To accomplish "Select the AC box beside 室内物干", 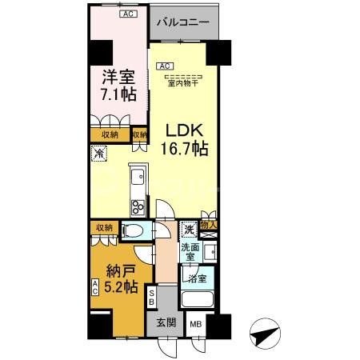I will (x=164, y=66).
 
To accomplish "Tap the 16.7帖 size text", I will (x=189, y=149).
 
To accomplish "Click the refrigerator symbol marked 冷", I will (x=99, y=154).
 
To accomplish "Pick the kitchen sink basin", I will (x=135, y=173).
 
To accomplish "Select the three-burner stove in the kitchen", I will (x=135, y=206).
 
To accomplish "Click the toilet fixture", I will (x=134, y=232).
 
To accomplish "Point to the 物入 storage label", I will (x=209, y=226).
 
